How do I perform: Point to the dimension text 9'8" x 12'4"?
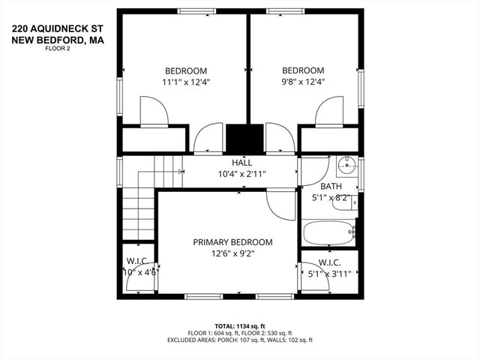click(x=302, y=82)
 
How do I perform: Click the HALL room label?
click(x=241, y=162)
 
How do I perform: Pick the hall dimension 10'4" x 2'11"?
click(x=241, y=174)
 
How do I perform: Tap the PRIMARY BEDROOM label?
click(x=232, y=242)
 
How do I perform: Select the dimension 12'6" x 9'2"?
click(x=232, y=254)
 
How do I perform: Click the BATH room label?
click(x=330, y=186)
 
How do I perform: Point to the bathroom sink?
click(x=346, y=165)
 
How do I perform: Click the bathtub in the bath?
click(x=328, y=232)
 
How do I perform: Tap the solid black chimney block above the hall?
click(x=244, y=139)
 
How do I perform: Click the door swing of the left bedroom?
click(x=155, y=113)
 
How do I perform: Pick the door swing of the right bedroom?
click(x=329, y=113)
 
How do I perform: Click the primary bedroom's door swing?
click(x=281, y=204)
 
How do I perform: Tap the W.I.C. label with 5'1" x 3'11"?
click(x=330, y=268)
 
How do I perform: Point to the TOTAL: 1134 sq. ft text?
click(x=239, y=325)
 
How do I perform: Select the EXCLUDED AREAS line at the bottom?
click(x=239, y=340)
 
